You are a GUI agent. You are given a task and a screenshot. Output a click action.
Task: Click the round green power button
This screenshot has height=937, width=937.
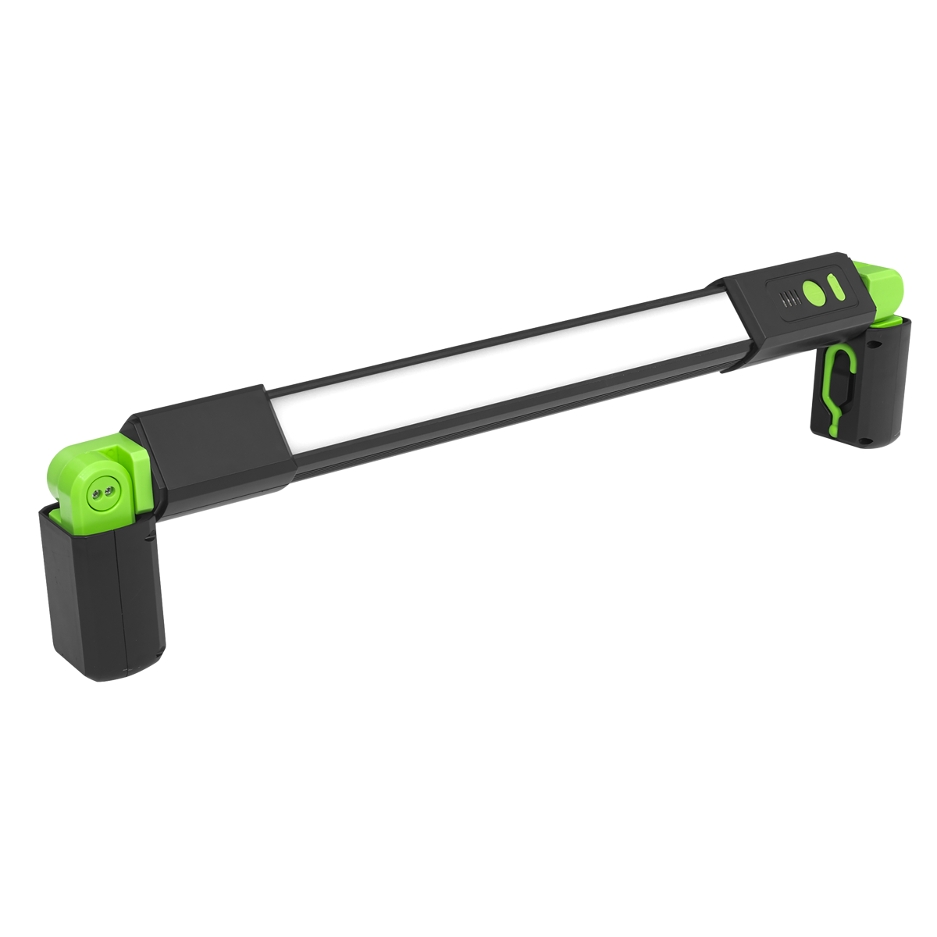(814, 292)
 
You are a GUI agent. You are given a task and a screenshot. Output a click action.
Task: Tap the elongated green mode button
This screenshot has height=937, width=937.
(836, 287)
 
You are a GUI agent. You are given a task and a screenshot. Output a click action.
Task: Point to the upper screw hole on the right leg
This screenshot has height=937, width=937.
(873, 344)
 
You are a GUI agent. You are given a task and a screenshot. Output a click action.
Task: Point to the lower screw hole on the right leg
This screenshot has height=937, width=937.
(864, 440)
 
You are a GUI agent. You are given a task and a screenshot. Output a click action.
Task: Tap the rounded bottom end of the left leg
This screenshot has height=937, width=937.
(109, 668)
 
